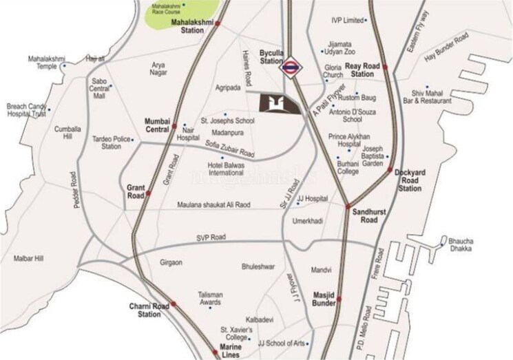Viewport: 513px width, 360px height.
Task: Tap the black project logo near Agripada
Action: point(275,104)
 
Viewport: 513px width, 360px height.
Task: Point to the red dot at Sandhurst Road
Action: point(348,207)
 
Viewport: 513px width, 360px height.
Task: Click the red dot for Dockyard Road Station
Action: point(390,170)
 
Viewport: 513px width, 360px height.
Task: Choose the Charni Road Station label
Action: point(149,310)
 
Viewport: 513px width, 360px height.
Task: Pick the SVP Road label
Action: point(209,237)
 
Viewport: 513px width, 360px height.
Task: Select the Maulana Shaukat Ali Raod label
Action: point(213,205)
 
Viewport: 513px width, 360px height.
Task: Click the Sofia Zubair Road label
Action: point(230,150)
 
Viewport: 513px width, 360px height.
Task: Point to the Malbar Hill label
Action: point(28,259)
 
